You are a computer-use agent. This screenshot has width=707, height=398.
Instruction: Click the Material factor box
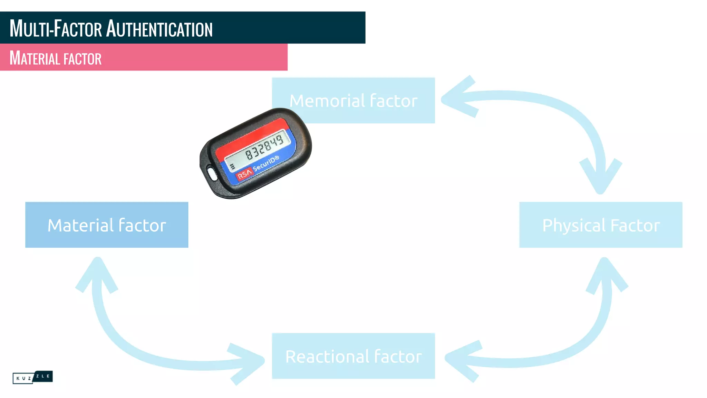(107, 225)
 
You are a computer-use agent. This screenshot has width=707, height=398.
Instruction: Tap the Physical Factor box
(601, 225)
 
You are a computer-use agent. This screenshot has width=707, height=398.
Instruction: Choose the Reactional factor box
(353, 356)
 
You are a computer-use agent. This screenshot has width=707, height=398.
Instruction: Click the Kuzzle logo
(32, 377)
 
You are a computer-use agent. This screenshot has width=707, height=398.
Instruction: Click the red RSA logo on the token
(244, 174)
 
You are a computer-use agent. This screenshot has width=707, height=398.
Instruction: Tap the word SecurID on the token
(265, 164)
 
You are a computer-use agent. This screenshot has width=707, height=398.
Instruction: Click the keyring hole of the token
(212, 173)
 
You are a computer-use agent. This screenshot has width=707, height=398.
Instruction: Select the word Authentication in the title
(159, 29)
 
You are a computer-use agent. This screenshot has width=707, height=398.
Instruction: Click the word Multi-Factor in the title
(56, 29)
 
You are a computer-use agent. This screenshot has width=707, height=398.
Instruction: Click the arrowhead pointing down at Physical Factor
(600, 176)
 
